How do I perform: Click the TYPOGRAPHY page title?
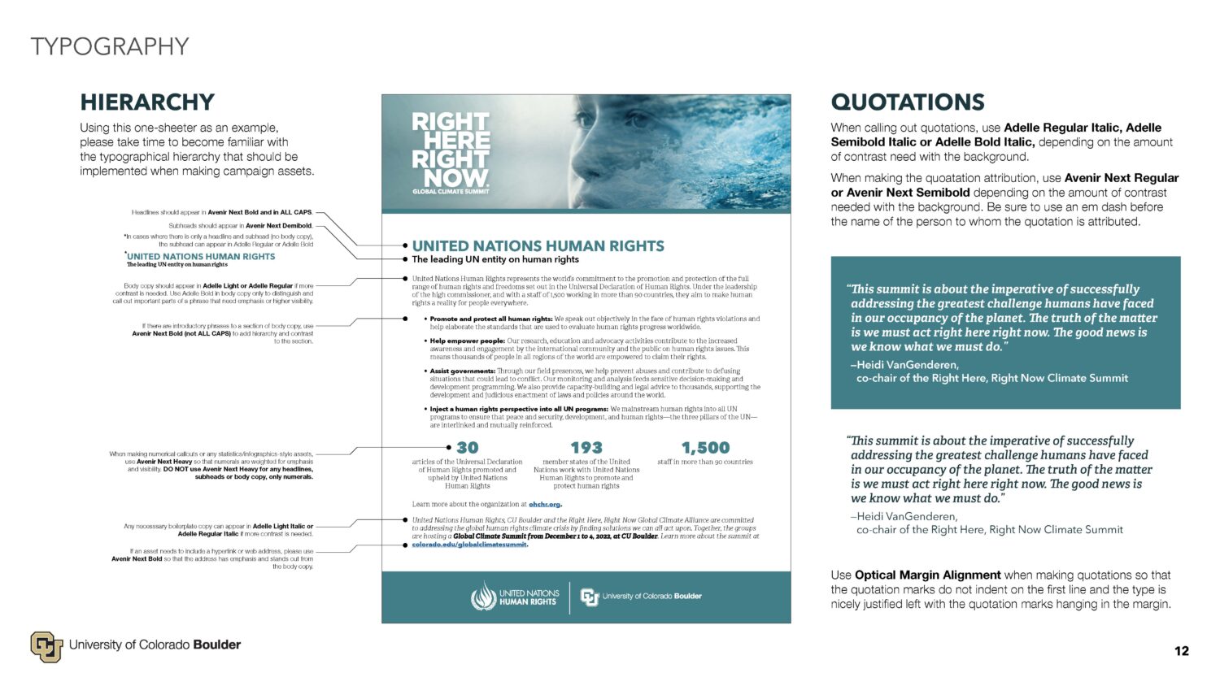(x=110, y=46)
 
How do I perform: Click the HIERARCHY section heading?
(x=147, y=102)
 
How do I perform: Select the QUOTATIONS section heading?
(x=908, y=102)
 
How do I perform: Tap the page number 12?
(x=1182, y=650)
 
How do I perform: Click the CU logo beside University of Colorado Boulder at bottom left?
(x=46, y=646)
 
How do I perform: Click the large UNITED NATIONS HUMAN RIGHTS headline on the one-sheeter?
(x=538, y=245)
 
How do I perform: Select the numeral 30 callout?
(x=468, y=448)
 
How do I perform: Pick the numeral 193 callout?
(x=586, y=448)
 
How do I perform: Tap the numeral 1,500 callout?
(x=705, y=448)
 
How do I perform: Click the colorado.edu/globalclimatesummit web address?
(x=469, y=545)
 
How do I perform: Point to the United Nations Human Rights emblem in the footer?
(x=483, y=597)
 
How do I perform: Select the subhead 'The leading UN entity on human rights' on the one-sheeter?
(x=495, y=260)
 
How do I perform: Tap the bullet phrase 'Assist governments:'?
(x=462, y=371)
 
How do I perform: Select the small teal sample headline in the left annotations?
(x=201, y=256)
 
